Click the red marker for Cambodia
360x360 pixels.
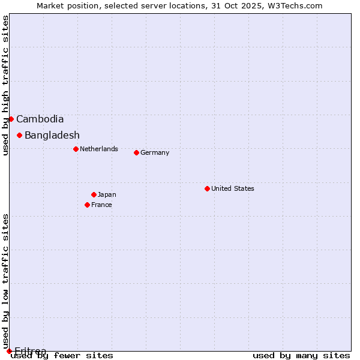click(11, 119)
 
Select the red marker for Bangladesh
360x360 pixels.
click(19, 135)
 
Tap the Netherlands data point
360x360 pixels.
click(76, 149)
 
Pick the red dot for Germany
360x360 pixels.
click(136, 152)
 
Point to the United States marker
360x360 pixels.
click(207, 188)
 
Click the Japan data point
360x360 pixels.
click(94, 194)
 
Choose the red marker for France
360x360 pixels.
click(87, 205)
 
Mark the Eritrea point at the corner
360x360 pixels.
click(9, 351)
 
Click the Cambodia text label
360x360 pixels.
click(40, 119)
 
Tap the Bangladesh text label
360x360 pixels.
click(52, 135)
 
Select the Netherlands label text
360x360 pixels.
click(99, 149)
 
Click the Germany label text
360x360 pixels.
click(155, 152)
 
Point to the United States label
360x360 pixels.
click(233, 188)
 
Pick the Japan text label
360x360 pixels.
click(107, 194)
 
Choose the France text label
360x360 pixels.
click(101, 205)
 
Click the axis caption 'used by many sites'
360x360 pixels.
click(301, 356)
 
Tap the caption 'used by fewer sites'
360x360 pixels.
click(62, 356)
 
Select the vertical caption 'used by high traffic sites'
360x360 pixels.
click(6, 85)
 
